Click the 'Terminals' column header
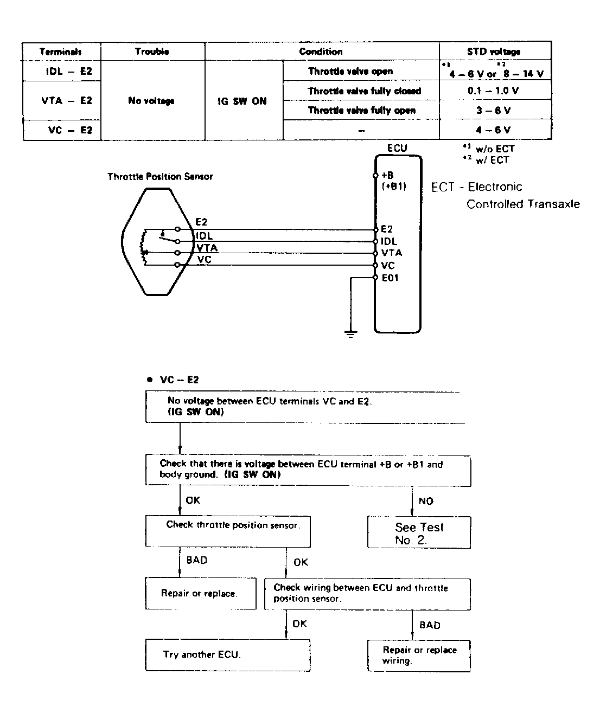[61, 52]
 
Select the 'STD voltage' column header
[494, 52]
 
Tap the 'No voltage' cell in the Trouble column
[151, 101]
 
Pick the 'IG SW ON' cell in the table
[242, 101]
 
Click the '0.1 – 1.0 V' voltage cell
[493, 91]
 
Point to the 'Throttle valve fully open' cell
[361, 111]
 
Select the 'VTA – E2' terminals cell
[67, 101]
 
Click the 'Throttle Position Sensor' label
[160, 177]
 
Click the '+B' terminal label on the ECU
[387, 175]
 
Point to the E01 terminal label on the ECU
[390, 278]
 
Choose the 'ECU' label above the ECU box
[397, 148]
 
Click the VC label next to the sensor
[205, 260]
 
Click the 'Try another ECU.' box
[228, 655]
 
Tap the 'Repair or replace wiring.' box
[419, 656]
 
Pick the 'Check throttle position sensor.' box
[228, 531]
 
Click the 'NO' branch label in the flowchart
[426, 501]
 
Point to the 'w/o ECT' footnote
[494, 149]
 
